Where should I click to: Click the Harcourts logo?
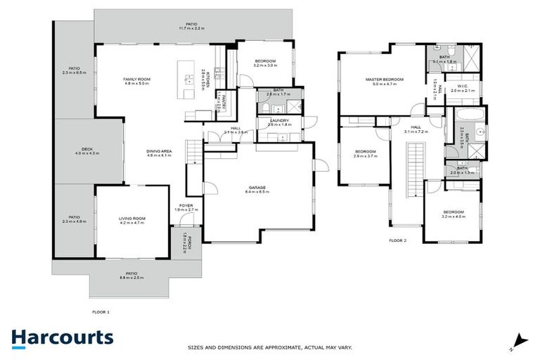tap(62, 337)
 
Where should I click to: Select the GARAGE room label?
tap(257, 188)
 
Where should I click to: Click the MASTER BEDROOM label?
tap(384, 79)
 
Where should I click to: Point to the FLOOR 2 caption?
tap(398, 240)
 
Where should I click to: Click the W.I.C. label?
tap(464, 86)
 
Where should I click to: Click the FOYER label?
tap(186, 206)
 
